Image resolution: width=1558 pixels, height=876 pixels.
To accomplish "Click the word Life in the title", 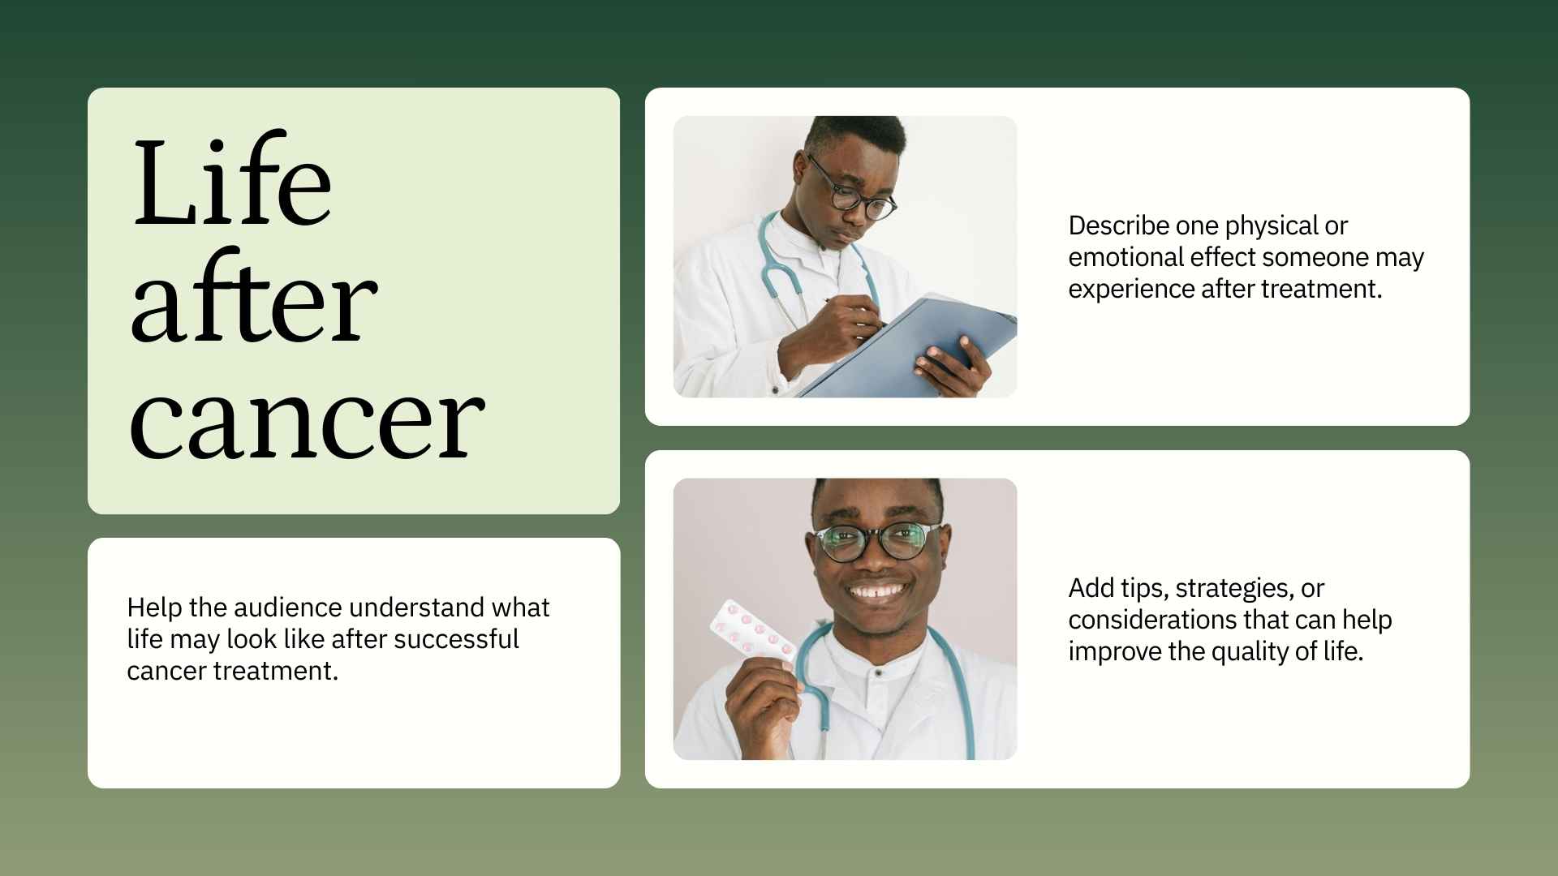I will [231, 182].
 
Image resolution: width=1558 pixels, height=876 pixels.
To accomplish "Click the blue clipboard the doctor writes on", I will [917, 349].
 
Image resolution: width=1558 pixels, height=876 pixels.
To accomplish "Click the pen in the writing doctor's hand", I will [852, 311].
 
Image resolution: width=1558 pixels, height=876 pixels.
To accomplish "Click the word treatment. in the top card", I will [1332, 289].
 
